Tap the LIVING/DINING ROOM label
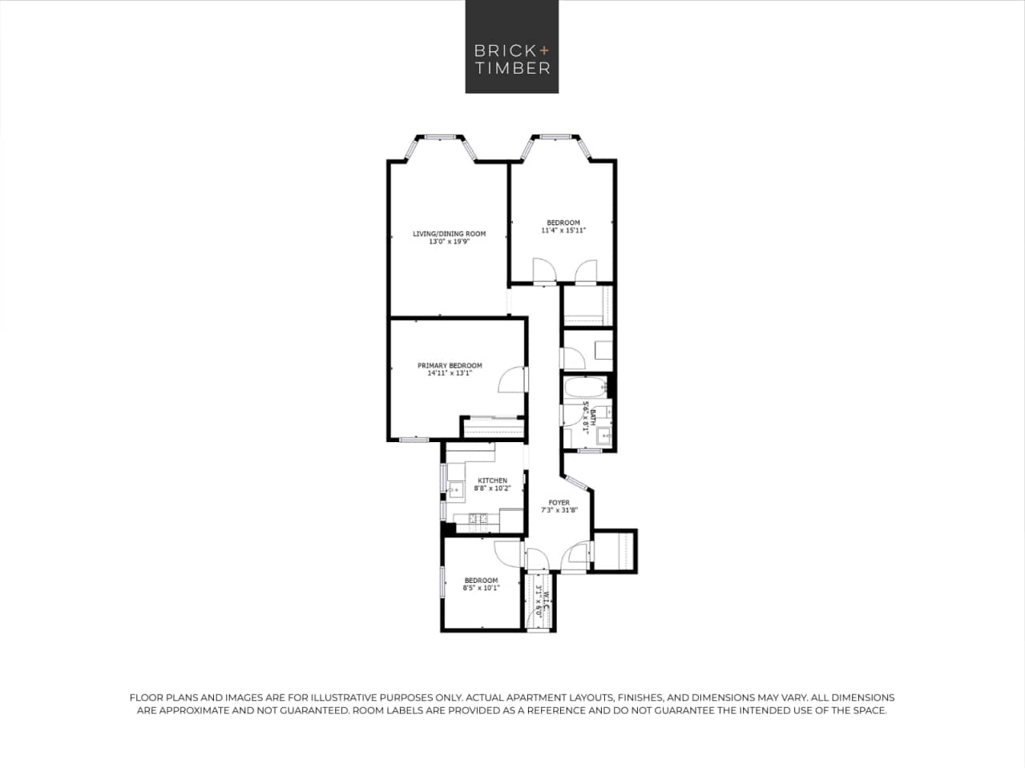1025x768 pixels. [449, 234]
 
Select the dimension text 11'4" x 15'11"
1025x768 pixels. [563, 231]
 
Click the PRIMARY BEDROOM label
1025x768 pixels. [450, 365]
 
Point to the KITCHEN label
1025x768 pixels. [492, 481]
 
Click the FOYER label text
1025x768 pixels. [559, 503]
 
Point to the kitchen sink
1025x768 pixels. [457, 489]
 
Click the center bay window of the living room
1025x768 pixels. [439, 137]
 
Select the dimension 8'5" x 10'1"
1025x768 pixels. [481, 588]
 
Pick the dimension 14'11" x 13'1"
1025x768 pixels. [450, 373]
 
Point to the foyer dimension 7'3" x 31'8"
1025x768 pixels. [559, 510]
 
